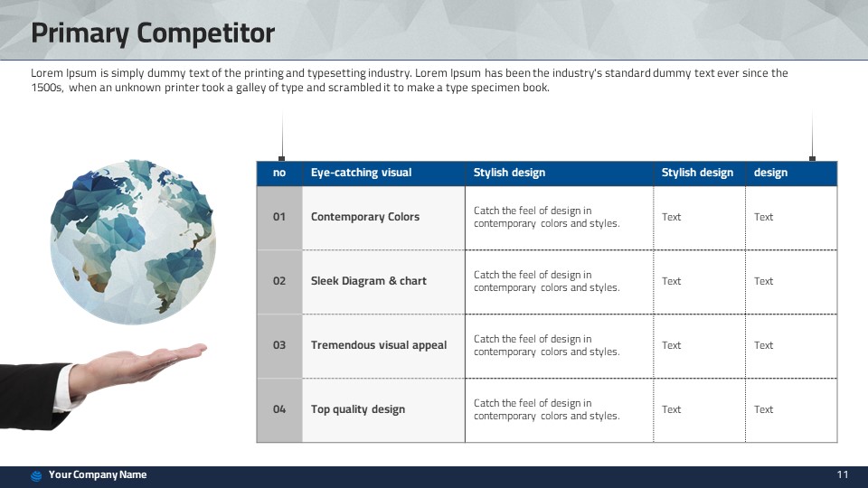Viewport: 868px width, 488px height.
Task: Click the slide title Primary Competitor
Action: (153, 33)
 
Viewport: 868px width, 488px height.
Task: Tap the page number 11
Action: (843, 474)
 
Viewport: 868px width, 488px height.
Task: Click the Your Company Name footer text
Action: (98, 474)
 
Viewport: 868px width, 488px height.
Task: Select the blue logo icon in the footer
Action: (36, 476)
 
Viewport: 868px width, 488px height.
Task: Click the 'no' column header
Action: (279, 173)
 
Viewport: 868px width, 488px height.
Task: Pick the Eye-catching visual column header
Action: (361, 173)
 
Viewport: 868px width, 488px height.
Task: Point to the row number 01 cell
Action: (279, 217)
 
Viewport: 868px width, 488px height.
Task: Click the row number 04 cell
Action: (279, 409)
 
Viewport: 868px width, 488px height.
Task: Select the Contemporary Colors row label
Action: (364, 217)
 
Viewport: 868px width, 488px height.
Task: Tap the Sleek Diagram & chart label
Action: (369, 281)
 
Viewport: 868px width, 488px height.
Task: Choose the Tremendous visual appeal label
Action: (379, 345)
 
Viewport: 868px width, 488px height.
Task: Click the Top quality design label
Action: (358, 409)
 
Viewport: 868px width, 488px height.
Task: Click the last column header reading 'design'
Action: (770, 173)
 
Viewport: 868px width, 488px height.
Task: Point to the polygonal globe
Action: (133, 242)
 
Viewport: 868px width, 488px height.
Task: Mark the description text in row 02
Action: (546, 281)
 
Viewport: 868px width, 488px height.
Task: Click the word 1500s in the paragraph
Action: (47, 88)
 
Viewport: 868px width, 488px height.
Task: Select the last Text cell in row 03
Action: (763, 345)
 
